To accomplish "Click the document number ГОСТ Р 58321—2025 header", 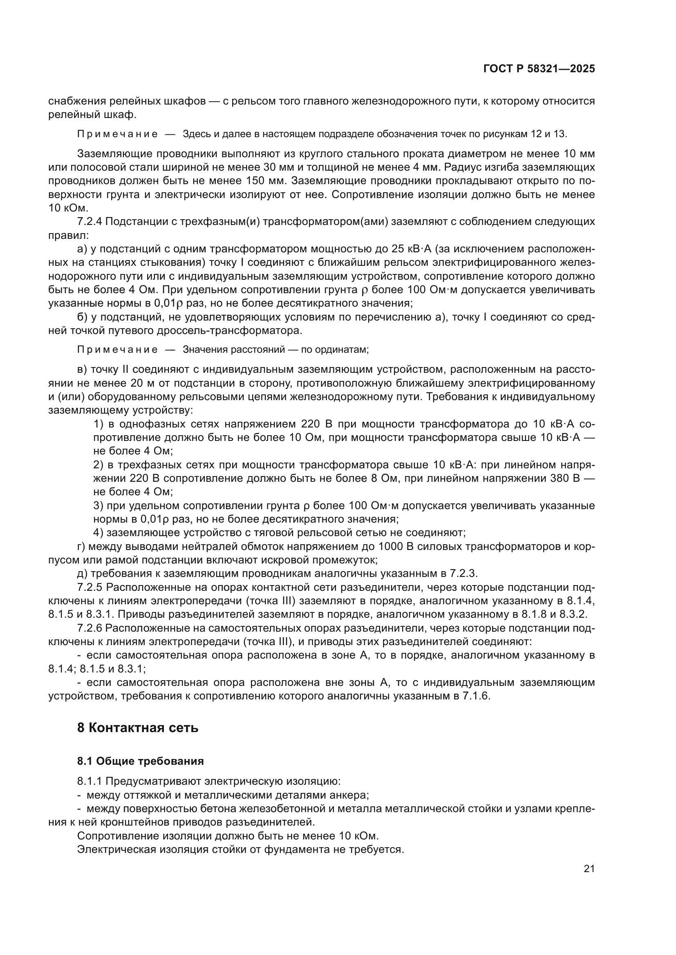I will (539, 69).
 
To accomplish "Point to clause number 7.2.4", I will (90, 222).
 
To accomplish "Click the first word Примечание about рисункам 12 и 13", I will (117, 134).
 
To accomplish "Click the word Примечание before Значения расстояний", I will (117, 349).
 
